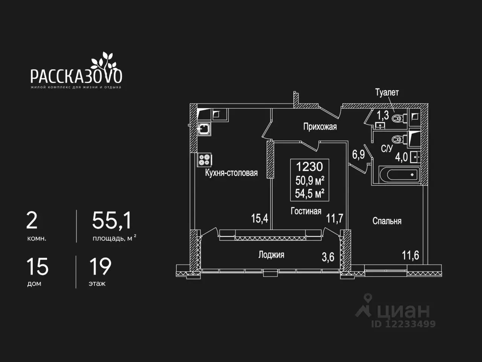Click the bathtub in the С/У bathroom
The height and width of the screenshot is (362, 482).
pos(400,175)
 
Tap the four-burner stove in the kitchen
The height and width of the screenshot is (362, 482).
pos(204,160)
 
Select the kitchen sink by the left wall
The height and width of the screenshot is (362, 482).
pos(204,129)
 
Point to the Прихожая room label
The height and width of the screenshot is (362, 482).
pos(320,127)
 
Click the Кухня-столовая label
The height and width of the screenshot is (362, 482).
pos(231,173)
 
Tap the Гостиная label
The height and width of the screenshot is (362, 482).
pos(306,211)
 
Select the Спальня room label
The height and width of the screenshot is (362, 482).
pos(387,221)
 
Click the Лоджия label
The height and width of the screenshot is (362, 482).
pos(271,255)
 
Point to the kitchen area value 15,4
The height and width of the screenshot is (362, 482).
pos(259,219)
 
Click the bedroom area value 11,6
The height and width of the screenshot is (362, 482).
pos(410,256)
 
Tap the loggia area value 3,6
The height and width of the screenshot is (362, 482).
pos(328,257)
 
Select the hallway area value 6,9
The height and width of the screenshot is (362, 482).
pos(358,155)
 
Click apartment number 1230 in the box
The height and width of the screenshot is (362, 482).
pos(310,167)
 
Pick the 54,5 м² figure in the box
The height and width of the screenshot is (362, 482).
pos(310,194)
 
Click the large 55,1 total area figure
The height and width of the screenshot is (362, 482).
pos(112,221)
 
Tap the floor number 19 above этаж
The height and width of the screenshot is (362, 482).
pos(100,267)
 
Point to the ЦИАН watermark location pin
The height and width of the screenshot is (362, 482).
pos(368,298)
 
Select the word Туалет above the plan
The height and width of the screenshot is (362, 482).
pos(387,92)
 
